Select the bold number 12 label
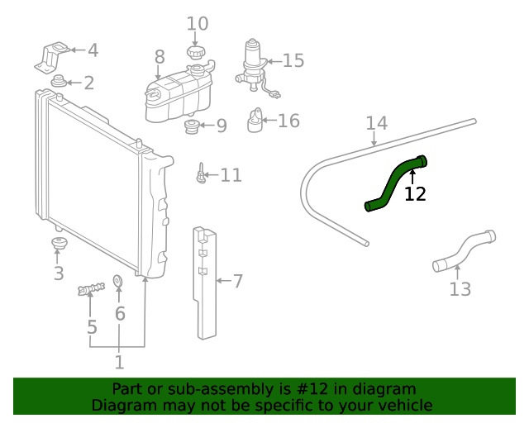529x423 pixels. pyautogui.click(x=415, y=194)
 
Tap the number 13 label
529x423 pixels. pyautogui.click(x=460, y=289)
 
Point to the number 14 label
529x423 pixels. pyautogui.click(x=376, y=123)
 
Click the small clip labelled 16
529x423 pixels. pyautogui.click(x=257, y=122)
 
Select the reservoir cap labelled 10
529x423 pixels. pyautogui.click(x=195, y=52)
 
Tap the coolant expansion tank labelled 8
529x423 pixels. pyautogui.click(x=174, y=92)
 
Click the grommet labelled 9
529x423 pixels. pyautogui.click(x=191, y=127)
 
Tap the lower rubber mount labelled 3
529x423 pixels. pyautogui.click(x=58, y=246)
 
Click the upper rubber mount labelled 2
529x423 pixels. pyautogui.click(x=60, y=83)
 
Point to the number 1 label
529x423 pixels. pyautogui.click(x=119, y=362)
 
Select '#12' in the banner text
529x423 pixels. pyautogui.click(x=316, y=389)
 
